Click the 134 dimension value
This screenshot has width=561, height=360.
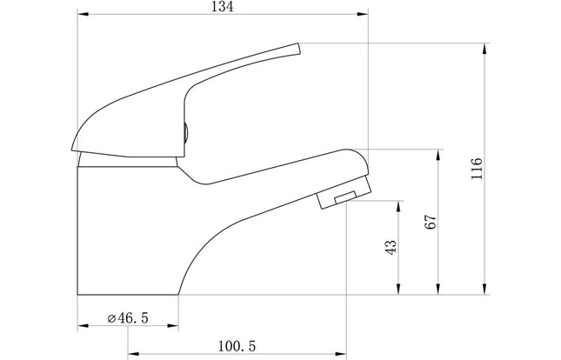(222, 6)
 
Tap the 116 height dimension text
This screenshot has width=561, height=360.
(477, 168)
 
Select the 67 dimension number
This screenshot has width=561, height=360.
(431, 222)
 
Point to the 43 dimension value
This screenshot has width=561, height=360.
(391, 247)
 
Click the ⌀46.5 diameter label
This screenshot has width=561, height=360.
(128, 317)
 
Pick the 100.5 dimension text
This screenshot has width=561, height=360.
(237, 346)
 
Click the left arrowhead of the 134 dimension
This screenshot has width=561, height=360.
(83, 14)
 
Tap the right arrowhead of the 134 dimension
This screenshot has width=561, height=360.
(363, 14)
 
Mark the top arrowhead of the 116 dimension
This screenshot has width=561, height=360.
(484, 49)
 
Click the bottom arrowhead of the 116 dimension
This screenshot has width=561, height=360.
(484, 290)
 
